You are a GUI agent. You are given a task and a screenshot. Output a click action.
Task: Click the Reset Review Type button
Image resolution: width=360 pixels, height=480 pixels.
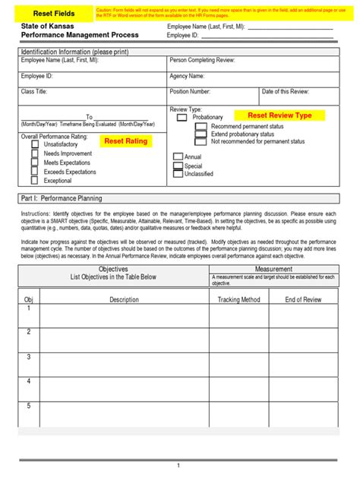point(279,115)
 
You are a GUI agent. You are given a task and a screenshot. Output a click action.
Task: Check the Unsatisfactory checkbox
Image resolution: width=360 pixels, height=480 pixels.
point(35,144)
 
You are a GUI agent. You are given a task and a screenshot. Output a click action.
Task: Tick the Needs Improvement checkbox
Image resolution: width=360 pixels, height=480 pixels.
point(35,153)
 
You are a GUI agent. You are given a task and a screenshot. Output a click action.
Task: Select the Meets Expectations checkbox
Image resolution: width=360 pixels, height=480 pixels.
point(35,163)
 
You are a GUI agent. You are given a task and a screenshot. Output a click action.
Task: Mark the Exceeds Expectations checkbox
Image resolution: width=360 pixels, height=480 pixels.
point(35,172)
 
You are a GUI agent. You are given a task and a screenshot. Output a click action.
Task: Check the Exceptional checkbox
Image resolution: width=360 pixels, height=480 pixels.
point(35,181)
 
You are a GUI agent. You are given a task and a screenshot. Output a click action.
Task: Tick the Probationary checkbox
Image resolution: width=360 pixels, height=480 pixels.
point(182,118)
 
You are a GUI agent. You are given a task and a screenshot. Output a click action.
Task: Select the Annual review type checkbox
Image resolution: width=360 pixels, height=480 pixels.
point(178,157)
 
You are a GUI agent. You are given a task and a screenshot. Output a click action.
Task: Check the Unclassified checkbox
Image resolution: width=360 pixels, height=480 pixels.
point(178,174)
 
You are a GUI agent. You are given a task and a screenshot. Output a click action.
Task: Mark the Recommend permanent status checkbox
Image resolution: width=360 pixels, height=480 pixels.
point(201,126)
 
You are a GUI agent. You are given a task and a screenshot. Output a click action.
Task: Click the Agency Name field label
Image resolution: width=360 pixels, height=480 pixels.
point(187,76)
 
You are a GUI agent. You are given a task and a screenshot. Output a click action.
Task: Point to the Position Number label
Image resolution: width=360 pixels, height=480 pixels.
point(190,91)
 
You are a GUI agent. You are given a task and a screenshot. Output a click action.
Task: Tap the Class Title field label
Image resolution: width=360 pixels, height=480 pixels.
point(34,91)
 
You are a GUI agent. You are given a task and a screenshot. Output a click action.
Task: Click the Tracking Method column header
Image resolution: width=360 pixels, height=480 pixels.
point(238,300)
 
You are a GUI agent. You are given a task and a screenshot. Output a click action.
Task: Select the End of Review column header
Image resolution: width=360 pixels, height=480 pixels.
point(303,300)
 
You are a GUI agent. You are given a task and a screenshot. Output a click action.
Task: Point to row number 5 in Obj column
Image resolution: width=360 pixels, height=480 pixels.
point(29,406)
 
